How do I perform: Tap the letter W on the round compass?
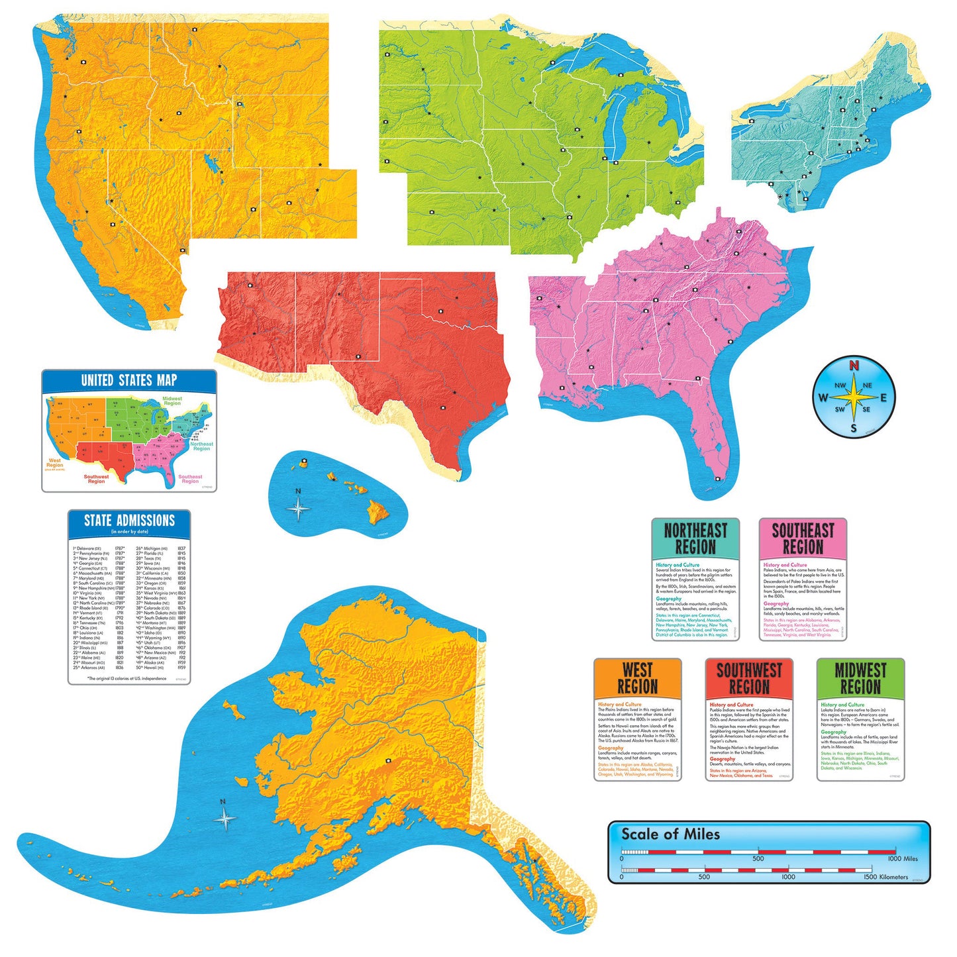[823, 398]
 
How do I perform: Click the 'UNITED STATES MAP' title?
[129, 380]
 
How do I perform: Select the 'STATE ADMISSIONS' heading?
[129, 521]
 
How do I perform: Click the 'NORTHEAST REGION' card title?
[695, 538]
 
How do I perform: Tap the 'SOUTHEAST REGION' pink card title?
[803, 538]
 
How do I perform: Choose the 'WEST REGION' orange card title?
[637, 678]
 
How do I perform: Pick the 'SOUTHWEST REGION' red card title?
[749, 678]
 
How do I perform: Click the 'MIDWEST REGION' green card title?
[860, 678]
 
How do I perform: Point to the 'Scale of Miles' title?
[670, 834]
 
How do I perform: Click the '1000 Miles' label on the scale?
[903, 858]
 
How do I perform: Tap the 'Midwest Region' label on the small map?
[172, 401]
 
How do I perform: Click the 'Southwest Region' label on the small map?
[96, 479]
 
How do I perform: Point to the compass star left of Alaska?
[225, 819]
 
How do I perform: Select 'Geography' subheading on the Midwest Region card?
[833, 732]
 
